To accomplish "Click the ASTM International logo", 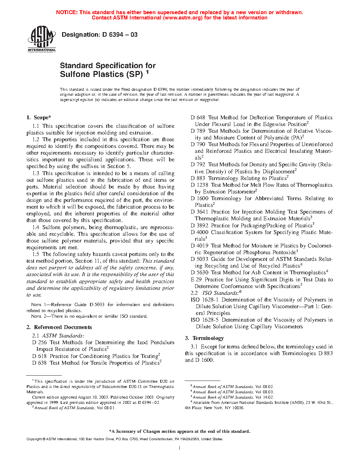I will tap(42, 39).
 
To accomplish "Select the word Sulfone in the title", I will tap(74, 74).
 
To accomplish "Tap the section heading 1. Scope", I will tap(39, 118).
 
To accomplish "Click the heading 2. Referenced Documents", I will tap(59, 327).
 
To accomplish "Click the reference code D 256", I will tap(40, 342).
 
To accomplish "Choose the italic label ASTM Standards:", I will tap(64, 336).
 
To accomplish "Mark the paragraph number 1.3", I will tap(36, 173).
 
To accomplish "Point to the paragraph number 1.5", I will tap(36, 254).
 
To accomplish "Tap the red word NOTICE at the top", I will tap(67, 12).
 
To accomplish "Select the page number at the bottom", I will tap(180, 448).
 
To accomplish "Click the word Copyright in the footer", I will tap(34, 439).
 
